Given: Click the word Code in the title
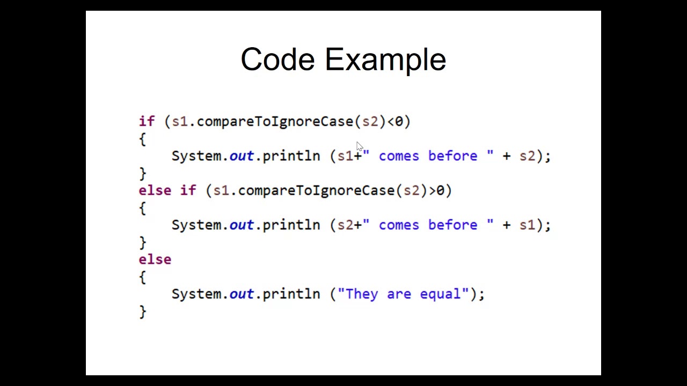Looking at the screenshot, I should [277, 59].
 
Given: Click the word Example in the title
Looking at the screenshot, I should [385, 60].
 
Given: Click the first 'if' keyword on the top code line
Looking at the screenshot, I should [147, 122].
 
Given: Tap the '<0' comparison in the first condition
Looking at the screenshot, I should [395, 122].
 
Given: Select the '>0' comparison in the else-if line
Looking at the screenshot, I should [437, 190].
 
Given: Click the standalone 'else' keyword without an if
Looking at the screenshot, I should [155, 259].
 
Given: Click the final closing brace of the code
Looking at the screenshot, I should [142, 311].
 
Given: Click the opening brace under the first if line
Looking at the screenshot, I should [142, 139].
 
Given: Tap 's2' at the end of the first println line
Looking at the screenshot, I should [527, 156].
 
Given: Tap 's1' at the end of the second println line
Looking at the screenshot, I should [527, 225].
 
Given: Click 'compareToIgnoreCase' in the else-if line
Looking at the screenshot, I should [316, 190].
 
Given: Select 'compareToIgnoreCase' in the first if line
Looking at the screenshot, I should [275, 122].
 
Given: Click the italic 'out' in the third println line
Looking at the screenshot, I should [242, 294].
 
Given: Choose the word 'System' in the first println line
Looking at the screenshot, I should [196, 156].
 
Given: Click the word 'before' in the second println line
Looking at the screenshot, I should [452, 225].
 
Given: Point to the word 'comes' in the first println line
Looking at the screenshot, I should [399, 156].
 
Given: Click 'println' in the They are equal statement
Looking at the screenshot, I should [291, 294].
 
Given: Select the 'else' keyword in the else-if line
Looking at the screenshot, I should [155, 190].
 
